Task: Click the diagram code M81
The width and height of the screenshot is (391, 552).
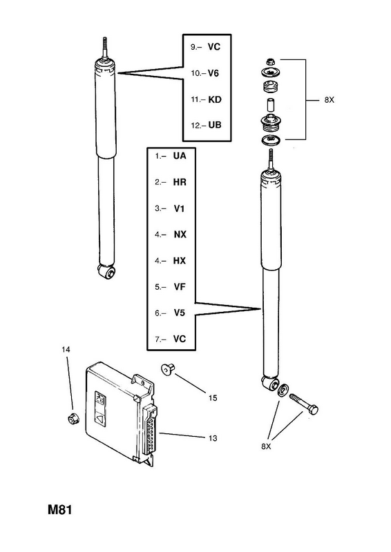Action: click(59, 510)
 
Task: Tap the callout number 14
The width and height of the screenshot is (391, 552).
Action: click(66, 349)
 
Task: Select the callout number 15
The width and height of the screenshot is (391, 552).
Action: click(213, 398)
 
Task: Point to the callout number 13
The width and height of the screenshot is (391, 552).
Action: click(213, 438)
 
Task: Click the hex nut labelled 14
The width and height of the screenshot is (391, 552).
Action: click(73, 419)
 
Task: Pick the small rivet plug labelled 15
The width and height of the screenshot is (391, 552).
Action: click(167, 368)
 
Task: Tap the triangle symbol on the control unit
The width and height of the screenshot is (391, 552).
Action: click(100, 419)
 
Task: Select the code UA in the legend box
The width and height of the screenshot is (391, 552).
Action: click(180, 156)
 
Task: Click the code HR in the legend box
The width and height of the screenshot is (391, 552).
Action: click(180, 182)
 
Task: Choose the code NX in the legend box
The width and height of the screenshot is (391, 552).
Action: click(180, 235)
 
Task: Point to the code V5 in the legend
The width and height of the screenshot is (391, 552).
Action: click(180, 313)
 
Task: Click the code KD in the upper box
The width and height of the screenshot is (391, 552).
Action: click(215, 99)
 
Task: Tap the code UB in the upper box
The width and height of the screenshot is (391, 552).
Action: click(215, 125)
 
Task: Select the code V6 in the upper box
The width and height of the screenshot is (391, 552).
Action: click(213, 73)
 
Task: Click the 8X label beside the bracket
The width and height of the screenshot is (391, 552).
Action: click(329, 100)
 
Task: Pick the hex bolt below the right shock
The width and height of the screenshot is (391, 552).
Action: click(303, 404)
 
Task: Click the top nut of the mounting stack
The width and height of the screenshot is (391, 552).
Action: click(271, 61)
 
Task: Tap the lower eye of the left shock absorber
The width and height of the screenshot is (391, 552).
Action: click(107, 272)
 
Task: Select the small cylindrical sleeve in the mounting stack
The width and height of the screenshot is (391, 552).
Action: click(271, 105)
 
